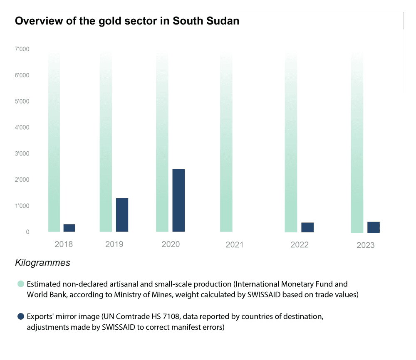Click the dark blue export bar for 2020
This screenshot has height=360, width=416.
pyautogui.click(x=178, y=200)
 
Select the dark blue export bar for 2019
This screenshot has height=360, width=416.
pyautogui.click(x=122, y=215)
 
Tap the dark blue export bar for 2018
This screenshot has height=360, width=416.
pyautogui.click(x=69, y=228)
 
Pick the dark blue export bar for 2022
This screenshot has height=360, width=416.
pyautogui.click(x=307, y=227)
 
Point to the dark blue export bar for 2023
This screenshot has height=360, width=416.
pyautogui.click(x=374, y=227)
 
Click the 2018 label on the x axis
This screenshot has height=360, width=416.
pyautogui.click(x=64, y=244)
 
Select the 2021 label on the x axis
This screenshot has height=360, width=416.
pyautogui.click(x=235, y=245)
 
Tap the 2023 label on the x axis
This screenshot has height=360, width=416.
pyautogui.click(x=365, y=245)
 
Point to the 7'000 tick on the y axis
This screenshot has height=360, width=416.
pyautogui.click(x=22, y=49)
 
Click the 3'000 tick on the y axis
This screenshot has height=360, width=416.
pyautogui.click(x=22, y=154)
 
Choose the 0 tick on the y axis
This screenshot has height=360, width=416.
pyautogui.click(x=27, y=232)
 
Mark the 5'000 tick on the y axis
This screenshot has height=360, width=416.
pyautogui.click(x=22, y=101)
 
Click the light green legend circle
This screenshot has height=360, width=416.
pyautogui.click(x=20, y=284)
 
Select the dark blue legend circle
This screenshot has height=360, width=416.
pyautogui.click(x=20, y=317)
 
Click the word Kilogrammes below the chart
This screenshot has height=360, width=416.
pyautogui.click(x=42, y=263)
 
